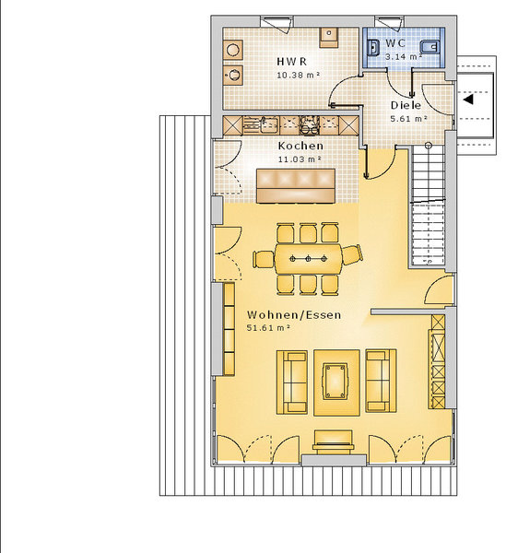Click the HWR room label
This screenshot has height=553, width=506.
pos(291,62)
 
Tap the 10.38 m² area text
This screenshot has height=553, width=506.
pos(299,76)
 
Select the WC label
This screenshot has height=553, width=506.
pos(395,43)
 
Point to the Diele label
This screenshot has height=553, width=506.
pos(406,105)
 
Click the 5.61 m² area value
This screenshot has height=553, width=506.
pos(409,119)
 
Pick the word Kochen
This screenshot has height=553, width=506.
pos(300,146)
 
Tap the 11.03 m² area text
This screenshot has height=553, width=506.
pos(300,159)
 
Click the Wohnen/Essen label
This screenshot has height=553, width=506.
pos(294,314)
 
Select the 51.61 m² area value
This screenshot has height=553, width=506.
pos(269,327)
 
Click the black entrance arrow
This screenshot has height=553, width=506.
pos(468,100)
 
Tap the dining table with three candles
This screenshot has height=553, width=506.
pos(308,259)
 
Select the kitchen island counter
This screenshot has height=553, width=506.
pos(296,186)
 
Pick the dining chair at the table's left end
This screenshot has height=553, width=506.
pos(264,259)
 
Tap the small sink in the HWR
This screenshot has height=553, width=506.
pos(329,38)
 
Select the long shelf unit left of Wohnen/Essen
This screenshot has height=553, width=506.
pos(229,329)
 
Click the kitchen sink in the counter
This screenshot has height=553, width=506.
pos(269,125)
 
